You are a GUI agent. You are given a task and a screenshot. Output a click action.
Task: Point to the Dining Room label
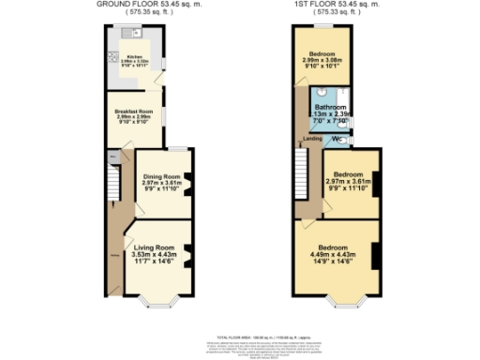[160, 176]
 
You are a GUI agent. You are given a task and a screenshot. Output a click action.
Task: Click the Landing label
[310, 140]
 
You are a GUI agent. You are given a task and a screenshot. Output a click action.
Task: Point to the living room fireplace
[189, 253]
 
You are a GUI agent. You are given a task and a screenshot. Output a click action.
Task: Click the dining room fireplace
[189, 180]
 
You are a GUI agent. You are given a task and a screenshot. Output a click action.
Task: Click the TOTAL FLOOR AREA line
[239, 336]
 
